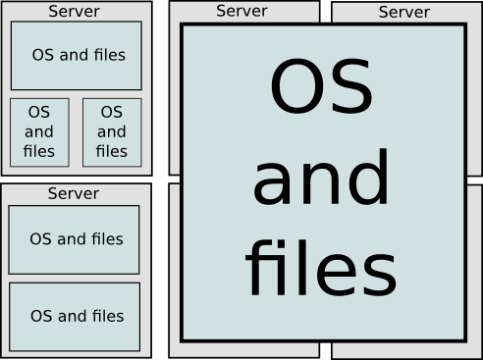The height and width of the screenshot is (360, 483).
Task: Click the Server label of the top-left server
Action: [x=74, y=12]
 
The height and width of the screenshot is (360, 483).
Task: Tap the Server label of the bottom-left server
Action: [x=74, y=193]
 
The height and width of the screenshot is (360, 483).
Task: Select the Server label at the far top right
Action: [x=403, y=12]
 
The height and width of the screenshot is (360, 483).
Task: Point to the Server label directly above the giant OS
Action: [x=241, y=11]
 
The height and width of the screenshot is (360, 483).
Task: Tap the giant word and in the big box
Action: [x=321, y=180]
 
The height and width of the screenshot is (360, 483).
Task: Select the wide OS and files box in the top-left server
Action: [x=76, y=55]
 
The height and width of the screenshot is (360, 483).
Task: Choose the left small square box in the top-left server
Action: [x=39, y=131]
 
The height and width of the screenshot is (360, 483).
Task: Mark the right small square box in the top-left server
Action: [x=112, y=131]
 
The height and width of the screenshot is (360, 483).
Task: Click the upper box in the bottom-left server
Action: [x=74, y=238]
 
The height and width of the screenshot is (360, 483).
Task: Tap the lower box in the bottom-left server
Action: [x=74, y=316]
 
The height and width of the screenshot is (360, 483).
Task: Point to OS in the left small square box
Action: [x=39, y=113]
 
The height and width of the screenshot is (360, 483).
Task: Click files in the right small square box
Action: [x=112, y=151]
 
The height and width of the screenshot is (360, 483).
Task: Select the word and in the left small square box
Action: [x=39, y=131]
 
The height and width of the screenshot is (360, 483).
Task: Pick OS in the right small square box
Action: [x=112, y=113]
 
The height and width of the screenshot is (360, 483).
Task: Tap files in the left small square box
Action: [x=39, y=151]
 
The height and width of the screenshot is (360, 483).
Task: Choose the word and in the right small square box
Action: [x=112, y=131]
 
